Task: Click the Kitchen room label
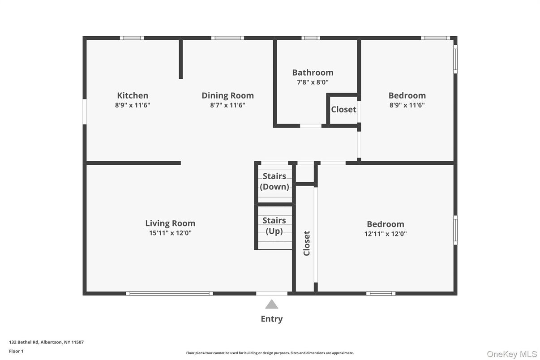pos(133,95)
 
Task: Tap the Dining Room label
pos(227,95)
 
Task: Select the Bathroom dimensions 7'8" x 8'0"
pos(313,82)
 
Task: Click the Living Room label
pos(170,223)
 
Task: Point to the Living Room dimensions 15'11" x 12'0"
pos(170,233)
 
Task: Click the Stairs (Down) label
pos(274,181)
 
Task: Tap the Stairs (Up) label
pos(274,226)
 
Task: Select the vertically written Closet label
pos(307,243)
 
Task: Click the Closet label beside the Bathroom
pos(343,109)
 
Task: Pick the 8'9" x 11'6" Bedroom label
pos(407,95)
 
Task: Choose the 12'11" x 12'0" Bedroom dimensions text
pos(386,234)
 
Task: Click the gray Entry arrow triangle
pos(272,304)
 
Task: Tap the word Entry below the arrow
pos(272,319)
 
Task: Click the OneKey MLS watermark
pos(512,354)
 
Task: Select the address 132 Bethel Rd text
pos(46,342)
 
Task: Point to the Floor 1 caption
pos(16,351)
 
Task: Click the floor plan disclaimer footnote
pos(270,353)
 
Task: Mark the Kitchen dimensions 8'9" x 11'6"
pos(133,105)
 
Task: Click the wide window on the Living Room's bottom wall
pos(169,294)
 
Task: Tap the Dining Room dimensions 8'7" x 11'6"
pos(227,105)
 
